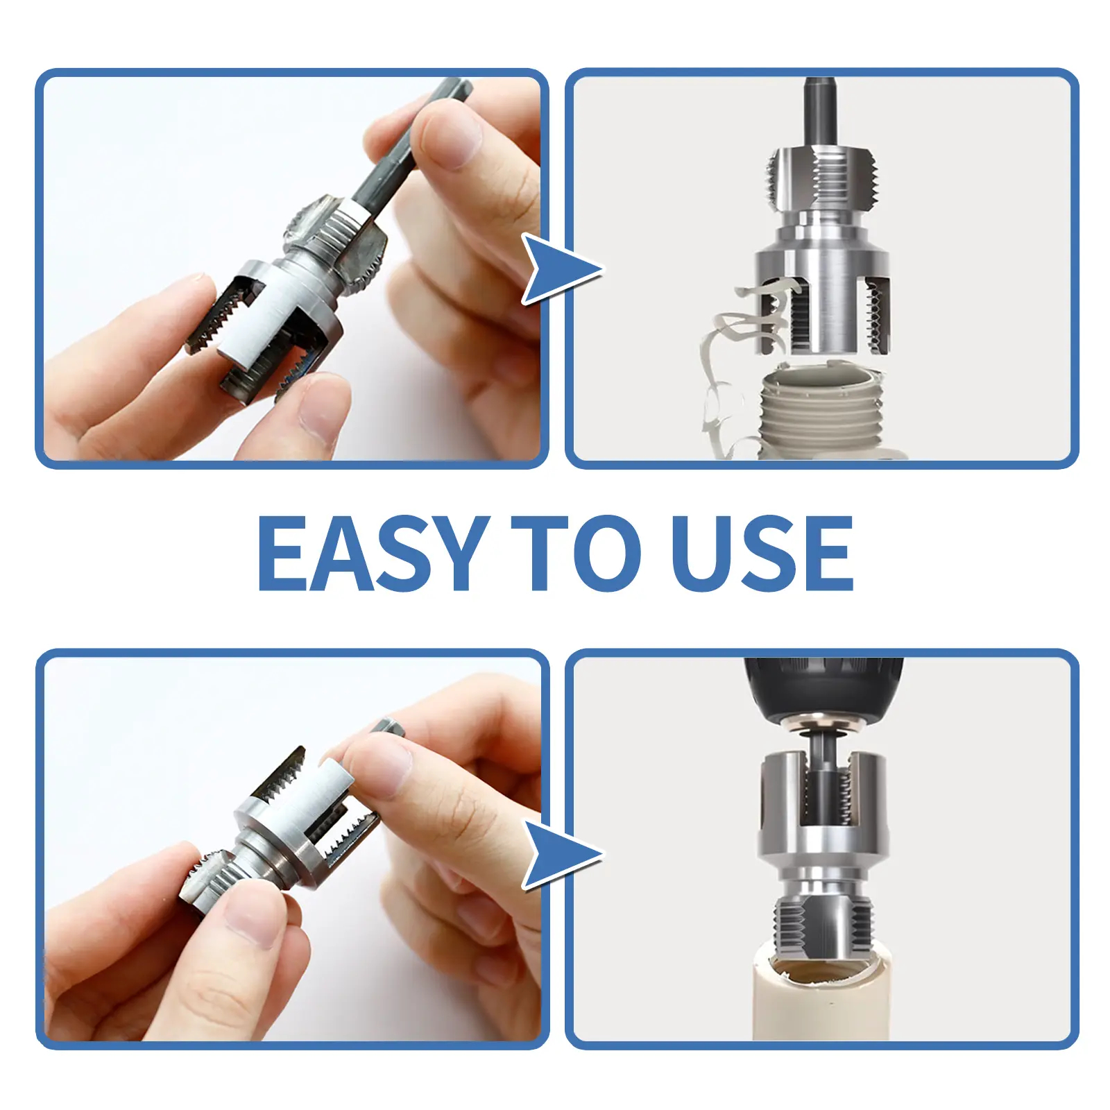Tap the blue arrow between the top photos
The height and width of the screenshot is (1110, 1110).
coord(558,269)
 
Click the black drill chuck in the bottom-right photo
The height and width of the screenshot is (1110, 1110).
coord(823,687)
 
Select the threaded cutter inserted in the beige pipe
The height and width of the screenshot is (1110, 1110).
coord(823,923)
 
